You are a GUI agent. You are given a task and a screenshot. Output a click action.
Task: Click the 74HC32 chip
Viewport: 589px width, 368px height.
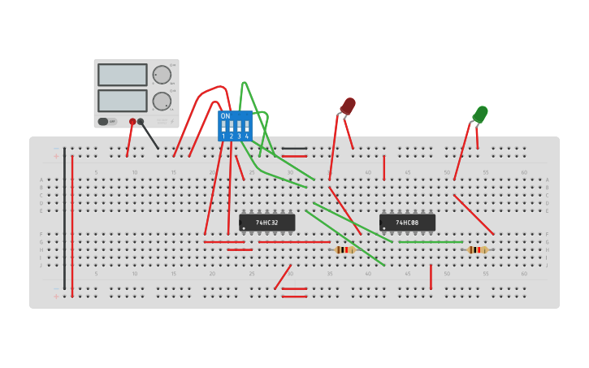click(267, 223)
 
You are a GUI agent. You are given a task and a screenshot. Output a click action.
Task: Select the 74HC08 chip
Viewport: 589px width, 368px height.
click(407, 223)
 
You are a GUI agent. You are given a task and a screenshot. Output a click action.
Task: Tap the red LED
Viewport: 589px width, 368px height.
click(348, 106)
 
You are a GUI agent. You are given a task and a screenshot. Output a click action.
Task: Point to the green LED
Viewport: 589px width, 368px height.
click(480, 115)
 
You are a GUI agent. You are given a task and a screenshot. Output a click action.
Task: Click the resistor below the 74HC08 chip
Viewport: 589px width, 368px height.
click(478, 250)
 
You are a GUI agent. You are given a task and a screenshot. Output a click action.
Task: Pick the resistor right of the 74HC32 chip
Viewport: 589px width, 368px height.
click(345, 250)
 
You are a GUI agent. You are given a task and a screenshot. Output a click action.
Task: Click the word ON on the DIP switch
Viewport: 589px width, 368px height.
click(225, 116)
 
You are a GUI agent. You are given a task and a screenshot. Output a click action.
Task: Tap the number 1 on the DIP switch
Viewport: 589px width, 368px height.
click(223, 136)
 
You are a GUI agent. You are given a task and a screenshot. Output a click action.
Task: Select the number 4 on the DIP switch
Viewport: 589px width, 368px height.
click(246, 136)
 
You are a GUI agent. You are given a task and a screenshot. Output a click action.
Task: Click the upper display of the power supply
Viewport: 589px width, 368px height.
click(123, 75)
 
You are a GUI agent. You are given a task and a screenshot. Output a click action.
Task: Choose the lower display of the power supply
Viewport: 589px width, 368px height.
click(123, 101)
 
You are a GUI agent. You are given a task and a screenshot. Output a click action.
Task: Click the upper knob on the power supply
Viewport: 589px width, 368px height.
click(162, 75)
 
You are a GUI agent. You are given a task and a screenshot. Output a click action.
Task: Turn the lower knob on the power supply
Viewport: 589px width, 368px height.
click(162, 101)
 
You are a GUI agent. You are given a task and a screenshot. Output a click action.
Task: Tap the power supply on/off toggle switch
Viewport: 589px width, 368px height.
click(104, 122)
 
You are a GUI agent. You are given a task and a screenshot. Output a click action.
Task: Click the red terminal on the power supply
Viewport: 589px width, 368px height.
click(132, 122)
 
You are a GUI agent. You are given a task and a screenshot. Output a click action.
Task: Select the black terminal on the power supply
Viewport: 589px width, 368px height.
click(141, 122)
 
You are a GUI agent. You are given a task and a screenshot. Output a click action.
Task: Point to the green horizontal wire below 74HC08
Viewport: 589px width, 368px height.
click(431, 242)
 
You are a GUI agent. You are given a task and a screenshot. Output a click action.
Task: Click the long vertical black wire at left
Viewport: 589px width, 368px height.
click(64, 219)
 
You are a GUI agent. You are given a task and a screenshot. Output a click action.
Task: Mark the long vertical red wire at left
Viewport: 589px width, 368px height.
click(72, 219)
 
